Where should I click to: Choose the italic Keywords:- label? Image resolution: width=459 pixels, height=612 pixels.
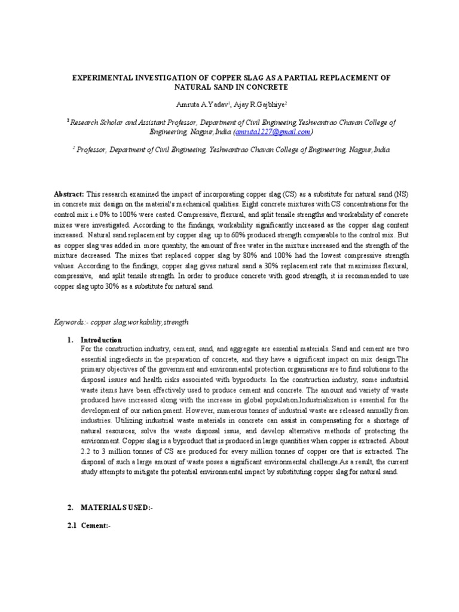pos(71,322)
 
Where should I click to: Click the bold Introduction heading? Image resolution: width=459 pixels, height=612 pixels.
pos(102,340)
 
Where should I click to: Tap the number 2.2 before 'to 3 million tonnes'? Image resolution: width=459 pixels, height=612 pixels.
pos(87,451)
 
